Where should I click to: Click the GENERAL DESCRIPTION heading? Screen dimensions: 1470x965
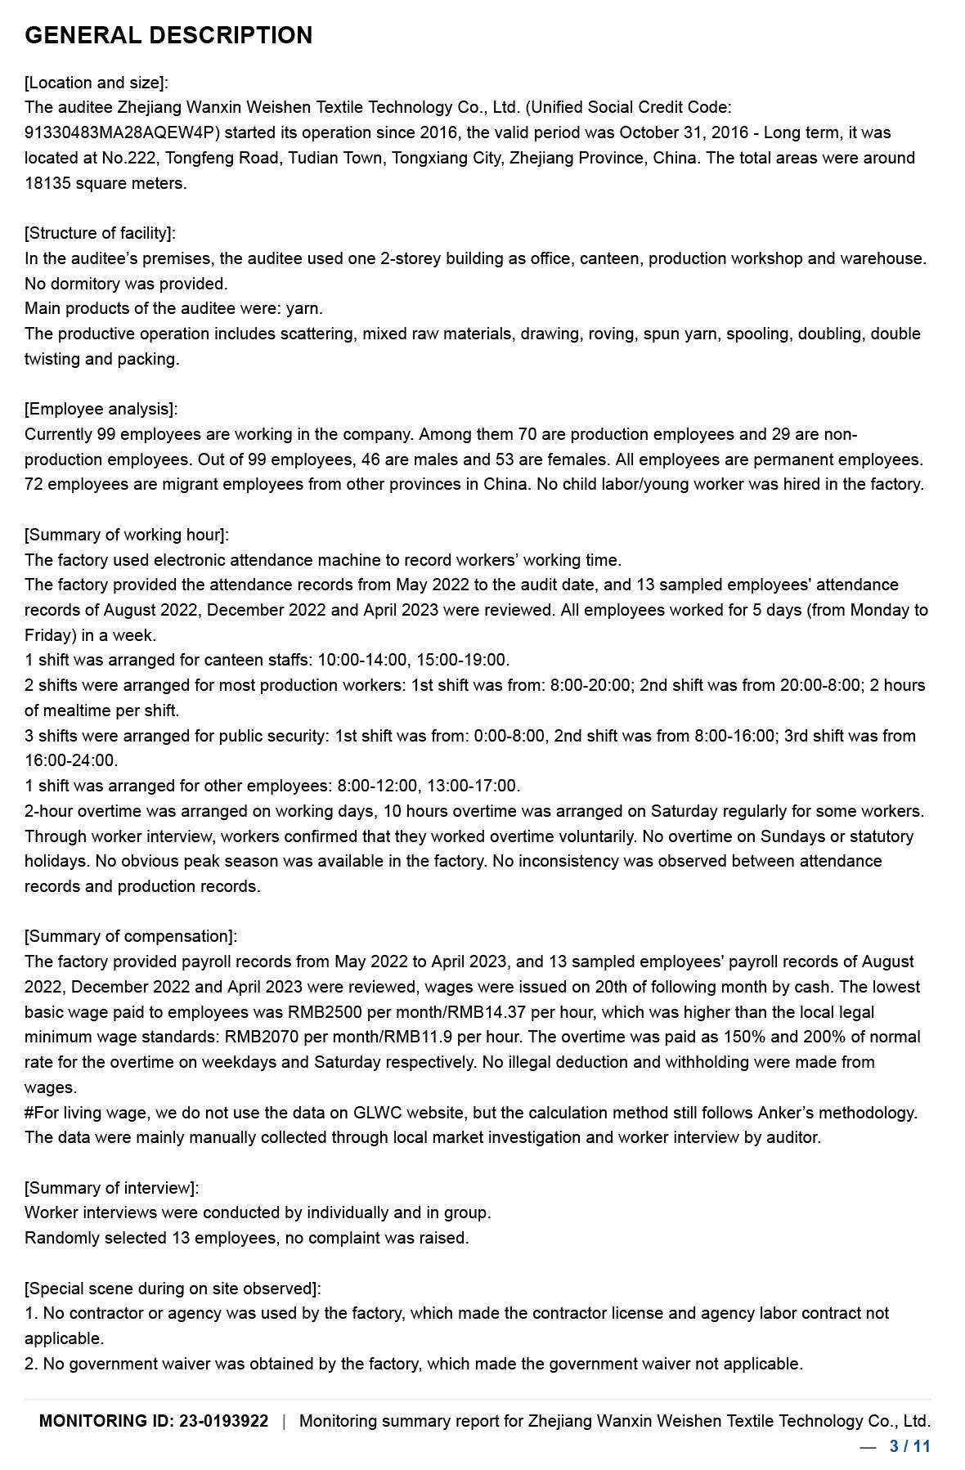[x=168, y=35]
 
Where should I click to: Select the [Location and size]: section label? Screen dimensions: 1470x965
[x=96, y=83]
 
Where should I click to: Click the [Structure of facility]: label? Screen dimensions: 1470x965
[x=100, y=233]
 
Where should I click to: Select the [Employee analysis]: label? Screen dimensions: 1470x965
[x=101, y=409]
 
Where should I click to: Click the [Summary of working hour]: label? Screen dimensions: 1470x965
[x=127, y=535]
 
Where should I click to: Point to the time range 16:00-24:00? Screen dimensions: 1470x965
[x=71, y=760]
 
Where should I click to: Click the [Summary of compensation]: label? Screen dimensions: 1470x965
[x=131, y=936]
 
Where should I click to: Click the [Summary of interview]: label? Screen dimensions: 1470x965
[x=112, y=1188]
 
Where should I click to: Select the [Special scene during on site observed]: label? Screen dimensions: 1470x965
[x=173, y=1288]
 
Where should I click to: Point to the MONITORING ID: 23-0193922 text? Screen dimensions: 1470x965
[x=154, y=1421]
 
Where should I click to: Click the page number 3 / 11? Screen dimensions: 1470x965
[x=910, y=1446]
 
